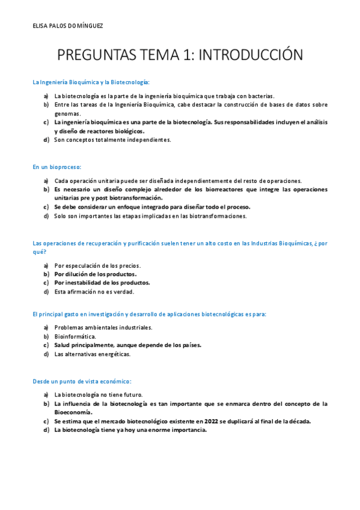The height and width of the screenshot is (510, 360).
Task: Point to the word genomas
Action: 67,113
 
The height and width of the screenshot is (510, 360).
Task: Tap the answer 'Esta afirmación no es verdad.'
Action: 94,292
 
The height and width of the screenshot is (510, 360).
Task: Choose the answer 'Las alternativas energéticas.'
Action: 92,354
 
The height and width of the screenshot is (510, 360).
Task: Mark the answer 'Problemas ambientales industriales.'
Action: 103,327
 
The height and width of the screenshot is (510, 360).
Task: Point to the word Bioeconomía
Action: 73,413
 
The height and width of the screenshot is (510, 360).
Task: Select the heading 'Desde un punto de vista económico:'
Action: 82,381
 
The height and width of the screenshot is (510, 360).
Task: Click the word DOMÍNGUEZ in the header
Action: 87,26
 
